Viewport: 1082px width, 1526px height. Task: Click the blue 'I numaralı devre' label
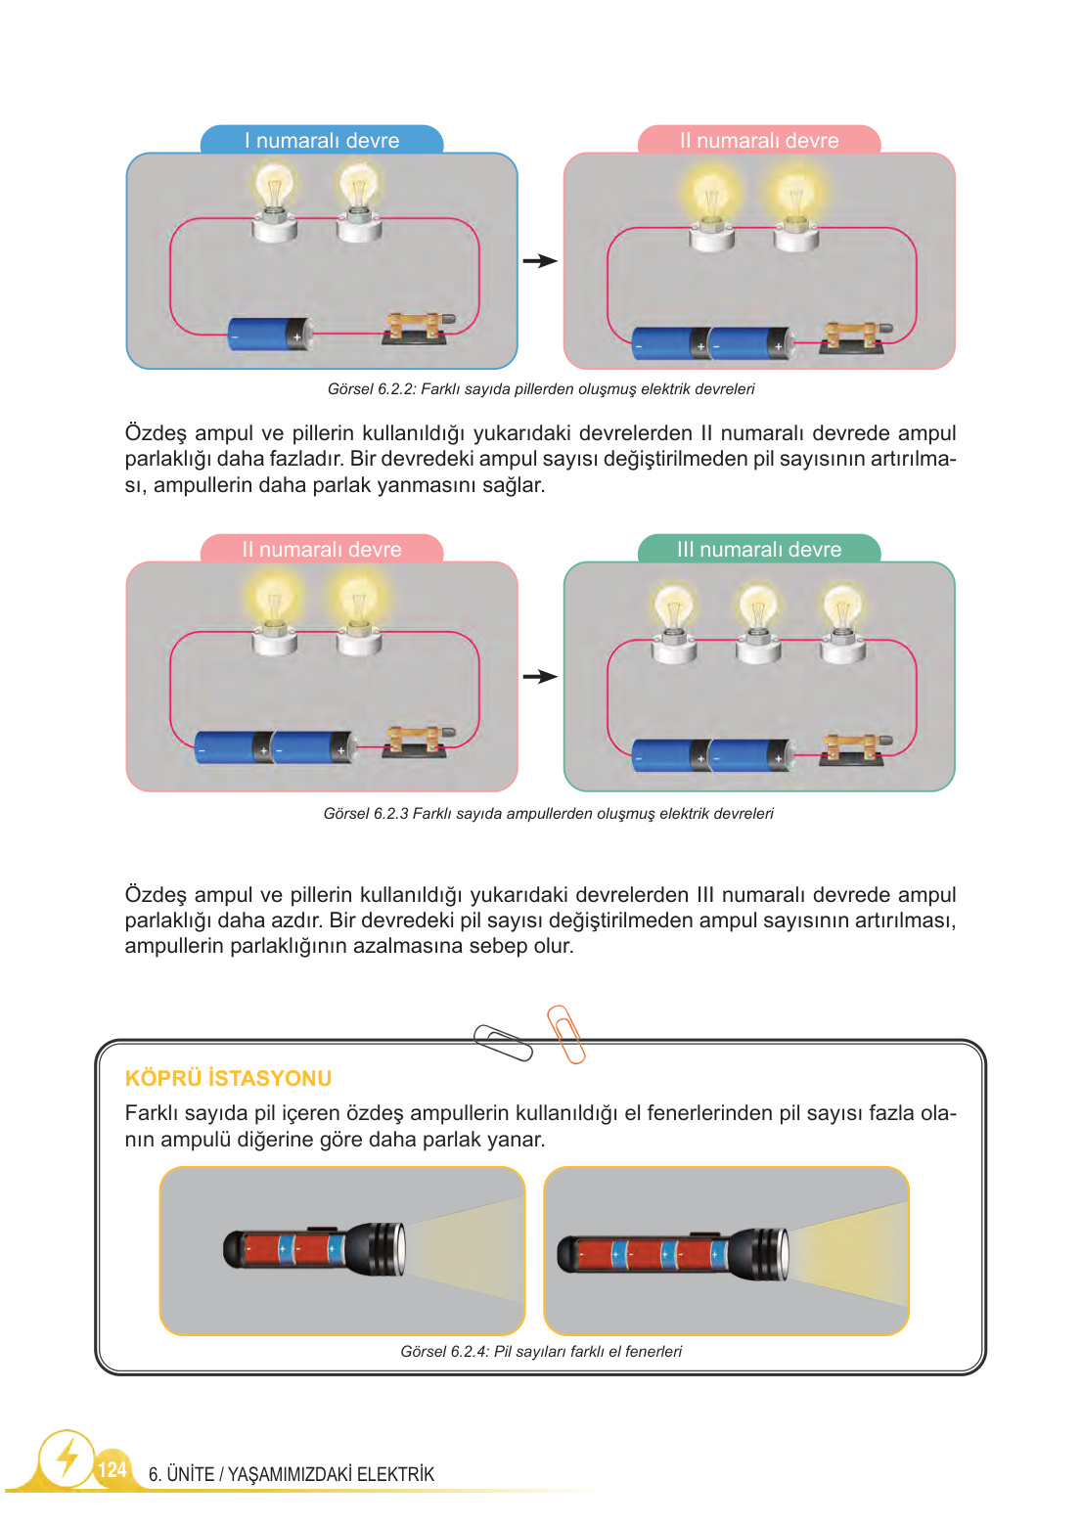322,140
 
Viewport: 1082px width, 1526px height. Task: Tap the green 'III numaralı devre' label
759,549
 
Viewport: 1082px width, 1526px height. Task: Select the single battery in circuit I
270,335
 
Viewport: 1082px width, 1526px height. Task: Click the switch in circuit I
419,328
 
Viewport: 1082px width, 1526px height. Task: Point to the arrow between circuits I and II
540,261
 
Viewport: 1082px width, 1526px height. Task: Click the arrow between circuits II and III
540,677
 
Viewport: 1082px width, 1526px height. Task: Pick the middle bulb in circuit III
757,623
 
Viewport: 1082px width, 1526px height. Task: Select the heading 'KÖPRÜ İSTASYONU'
228,1078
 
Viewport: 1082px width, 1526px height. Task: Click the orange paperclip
566,1034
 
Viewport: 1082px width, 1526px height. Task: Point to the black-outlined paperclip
503,1043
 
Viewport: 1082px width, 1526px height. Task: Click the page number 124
112,1469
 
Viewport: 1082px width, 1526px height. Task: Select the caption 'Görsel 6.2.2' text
541,389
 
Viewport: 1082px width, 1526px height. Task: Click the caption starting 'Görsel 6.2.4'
541,1352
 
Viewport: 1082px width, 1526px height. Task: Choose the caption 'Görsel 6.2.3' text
549,814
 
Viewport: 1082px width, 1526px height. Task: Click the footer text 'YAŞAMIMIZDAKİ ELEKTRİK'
331,1474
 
